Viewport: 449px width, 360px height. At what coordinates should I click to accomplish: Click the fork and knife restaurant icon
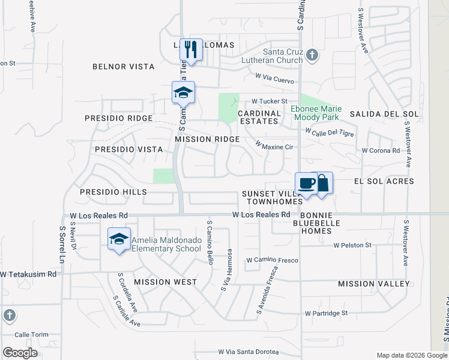[x=191, y=50]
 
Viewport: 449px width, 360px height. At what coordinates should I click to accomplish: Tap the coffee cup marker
[x=306, y=183]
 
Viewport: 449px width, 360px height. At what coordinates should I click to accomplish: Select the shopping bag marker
[x=322, y=183]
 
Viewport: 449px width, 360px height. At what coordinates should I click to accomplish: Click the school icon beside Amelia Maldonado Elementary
[x=119, y=239]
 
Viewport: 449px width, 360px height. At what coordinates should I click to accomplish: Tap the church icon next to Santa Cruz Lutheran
[x=312, y=55]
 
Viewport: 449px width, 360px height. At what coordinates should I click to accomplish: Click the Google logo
[x=20, y=352]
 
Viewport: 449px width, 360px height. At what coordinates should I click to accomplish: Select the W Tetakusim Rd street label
[x=28, y=274]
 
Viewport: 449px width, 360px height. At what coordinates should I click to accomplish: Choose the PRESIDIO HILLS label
[x=113, y=192]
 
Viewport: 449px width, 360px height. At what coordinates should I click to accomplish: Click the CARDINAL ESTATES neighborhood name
[x=259, y=117]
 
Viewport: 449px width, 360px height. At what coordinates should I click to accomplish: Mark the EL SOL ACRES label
[x=384, y=181]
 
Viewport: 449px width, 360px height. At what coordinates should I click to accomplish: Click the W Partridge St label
[x=326, y=313]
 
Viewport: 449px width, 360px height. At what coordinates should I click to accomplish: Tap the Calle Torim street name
[x=30, y=335]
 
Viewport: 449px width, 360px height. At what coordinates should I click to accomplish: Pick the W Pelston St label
[x=353, y=245]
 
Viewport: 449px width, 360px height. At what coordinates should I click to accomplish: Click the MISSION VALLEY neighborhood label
[x=373, y=284]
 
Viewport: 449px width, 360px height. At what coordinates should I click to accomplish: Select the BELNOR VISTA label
[x=123, y=67]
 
